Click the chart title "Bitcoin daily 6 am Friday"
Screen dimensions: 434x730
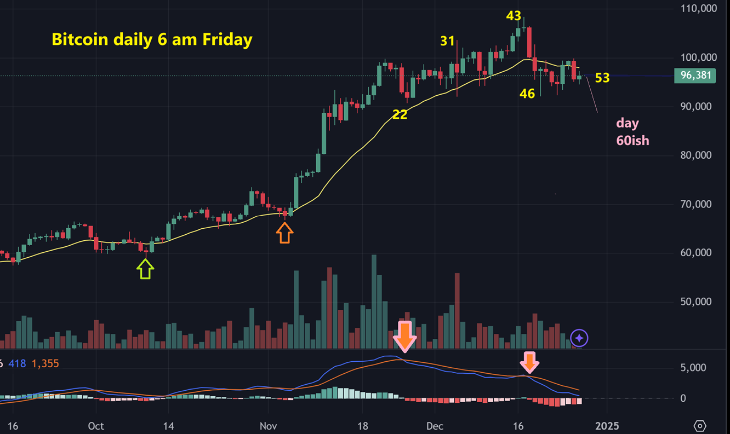pyautogui.click(x=152, y=39)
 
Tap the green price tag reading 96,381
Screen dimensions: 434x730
pyautogui.click(x=695, y=75)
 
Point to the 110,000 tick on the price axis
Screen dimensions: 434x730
pyautogui.click(x=698, y=9)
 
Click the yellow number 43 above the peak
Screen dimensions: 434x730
pyautogui.click(x=513, y=16)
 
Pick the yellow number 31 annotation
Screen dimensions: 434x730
pyautogui.click(x=447, y=40)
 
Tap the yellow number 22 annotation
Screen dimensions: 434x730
pyautogui.click(x=400, y=114)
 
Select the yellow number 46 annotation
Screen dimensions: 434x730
pyautogui.click(x=527, y=94)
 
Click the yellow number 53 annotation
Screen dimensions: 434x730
pyautogui.click(x=602, y=78)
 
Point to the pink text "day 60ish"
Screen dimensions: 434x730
pyautogui.click(x=632, y=132)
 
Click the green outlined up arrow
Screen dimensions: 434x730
pyautogui.click(x=145, y=269)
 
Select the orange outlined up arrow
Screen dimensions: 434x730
pyautogui.click(x=284, y=234)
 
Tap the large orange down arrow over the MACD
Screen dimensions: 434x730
pyautogui.click(x=405, y=336)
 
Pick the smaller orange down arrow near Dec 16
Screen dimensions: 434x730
pyautogui.click(x=530, y=362)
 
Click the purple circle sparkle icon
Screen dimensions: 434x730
pyautogui.click(x=579, y=338)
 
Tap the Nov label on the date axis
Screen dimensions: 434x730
pyautogui.click(x=268, y=426)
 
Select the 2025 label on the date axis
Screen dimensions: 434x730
pyautogui.click(x=607, y=426)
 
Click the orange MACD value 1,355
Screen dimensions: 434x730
pyautogui.click(x=45, y=363)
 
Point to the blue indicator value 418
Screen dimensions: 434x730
pyautogui.click(x=17, y=363)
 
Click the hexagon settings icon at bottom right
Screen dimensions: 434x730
pyautogui.click(x=700, y=426)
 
